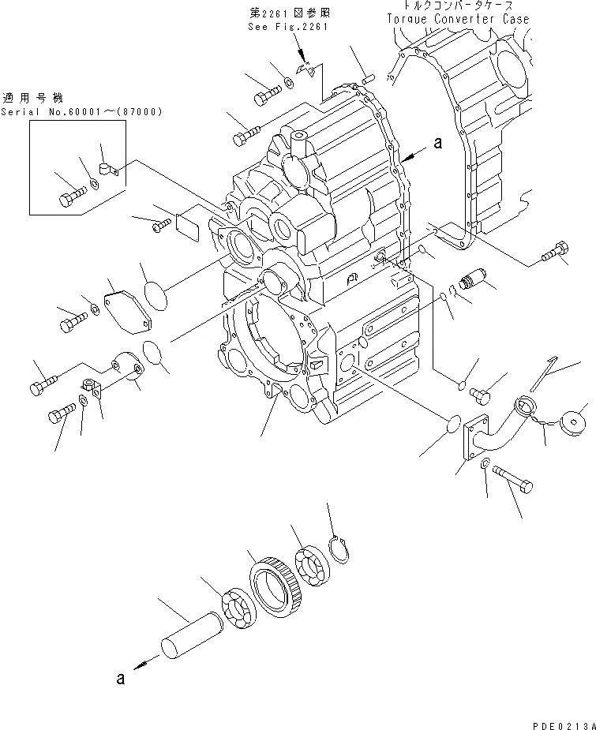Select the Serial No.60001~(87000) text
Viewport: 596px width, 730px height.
click(81, 113)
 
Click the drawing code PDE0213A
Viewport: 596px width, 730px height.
click(560, 720)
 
